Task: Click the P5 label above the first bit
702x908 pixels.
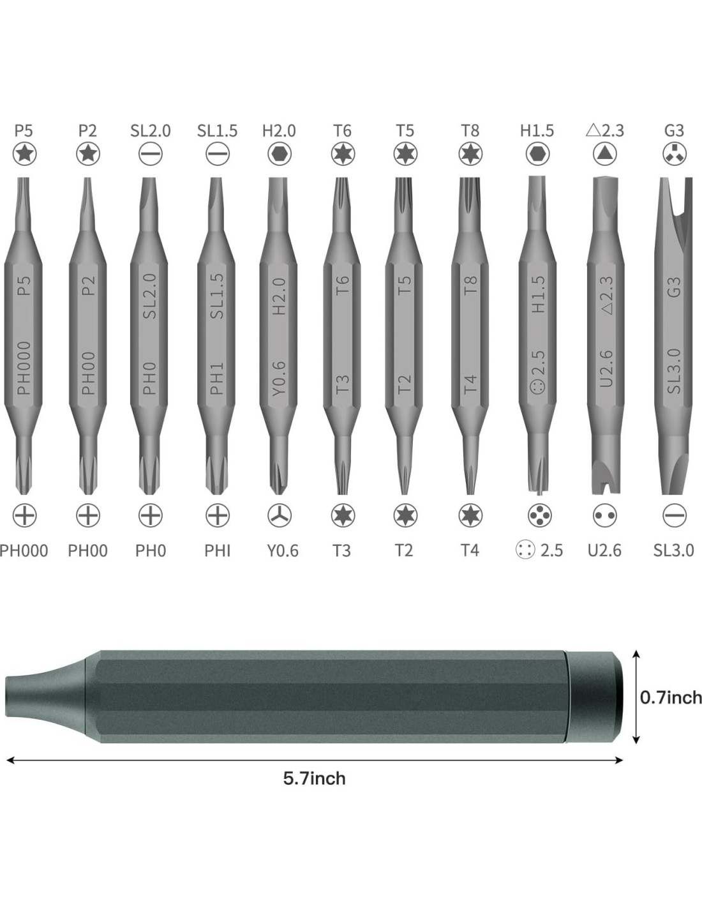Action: point(24,131)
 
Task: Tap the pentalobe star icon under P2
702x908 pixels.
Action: point(87,154)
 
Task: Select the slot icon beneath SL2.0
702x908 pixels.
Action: point(151,154)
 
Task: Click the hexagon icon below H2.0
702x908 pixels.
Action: point(280,154)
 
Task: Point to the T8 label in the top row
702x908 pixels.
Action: point(470,131)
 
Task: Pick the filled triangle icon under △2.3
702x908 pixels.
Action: point(604,154)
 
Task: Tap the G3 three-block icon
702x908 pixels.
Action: point(674,154)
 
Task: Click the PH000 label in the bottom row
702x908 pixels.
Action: point(24,550)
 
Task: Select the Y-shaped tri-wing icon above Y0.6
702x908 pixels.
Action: point(280,515)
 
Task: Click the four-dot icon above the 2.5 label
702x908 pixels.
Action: point(539,515)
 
